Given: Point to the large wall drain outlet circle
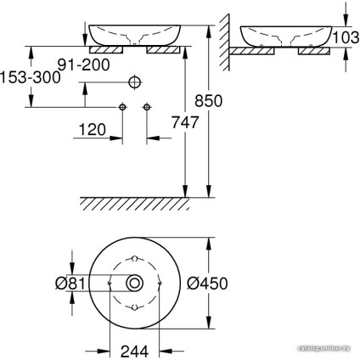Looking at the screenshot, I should pyautogui.click(x=134, y=83).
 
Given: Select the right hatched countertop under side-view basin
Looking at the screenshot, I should pyautogui.click(x=312, y=51).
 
